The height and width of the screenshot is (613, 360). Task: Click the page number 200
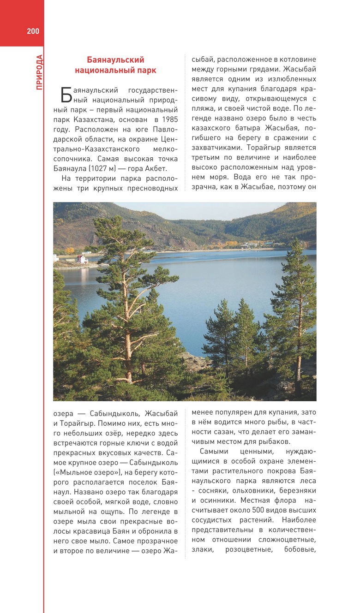point(33,31)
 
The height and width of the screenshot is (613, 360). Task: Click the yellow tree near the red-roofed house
point(70,251)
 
